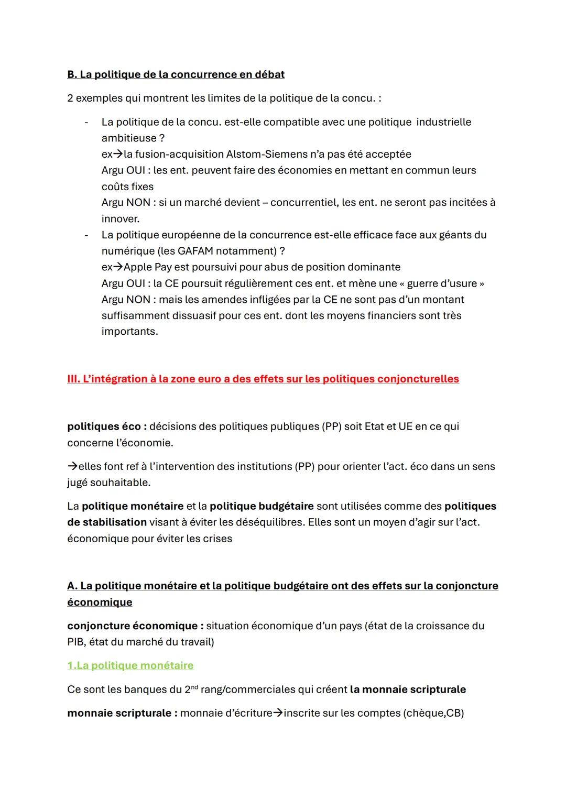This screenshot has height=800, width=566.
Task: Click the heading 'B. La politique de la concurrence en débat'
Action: tap(176, 74)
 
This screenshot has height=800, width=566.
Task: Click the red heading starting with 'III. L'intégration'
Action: tap(263, 379)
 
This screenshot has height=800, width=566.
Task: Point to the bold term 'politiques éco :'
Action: tap(106, 426)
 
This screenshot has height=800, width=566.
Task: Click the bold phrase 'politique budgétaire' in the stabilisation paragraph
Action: tap(262, 506)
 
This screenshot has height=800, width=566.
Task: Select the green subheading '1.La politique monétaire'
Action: tap(130, 665)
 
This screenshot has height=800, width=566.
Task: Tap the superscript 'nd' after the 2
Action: tap(194, 686)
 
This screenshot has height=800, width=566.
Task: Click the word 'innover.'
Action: tap(121, 218)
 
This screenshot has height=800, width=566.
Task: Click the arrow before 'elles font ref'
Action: tap(72, 466)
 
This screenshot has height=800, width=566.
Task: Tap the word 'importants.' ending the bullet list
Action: tap(129, 332)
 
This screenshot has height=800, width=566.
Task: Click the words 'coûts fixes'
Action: tap(127, 187)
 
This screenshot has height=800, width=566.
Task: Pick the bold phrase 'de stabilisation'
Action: tap(106, 522)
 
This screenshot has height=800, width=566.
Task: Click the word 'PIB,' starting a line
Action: tap(76, 642)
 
